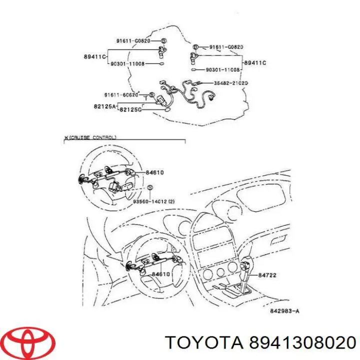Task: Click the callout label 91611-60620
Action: coord(121,95)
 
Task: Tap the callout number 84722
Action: coord(267,275)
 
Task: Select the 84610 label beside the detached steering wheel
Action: coord(156,172)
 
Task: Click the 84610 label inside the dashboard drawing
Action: coord(161,274)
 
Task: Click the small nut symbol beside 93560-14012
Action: coord(149,188)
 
